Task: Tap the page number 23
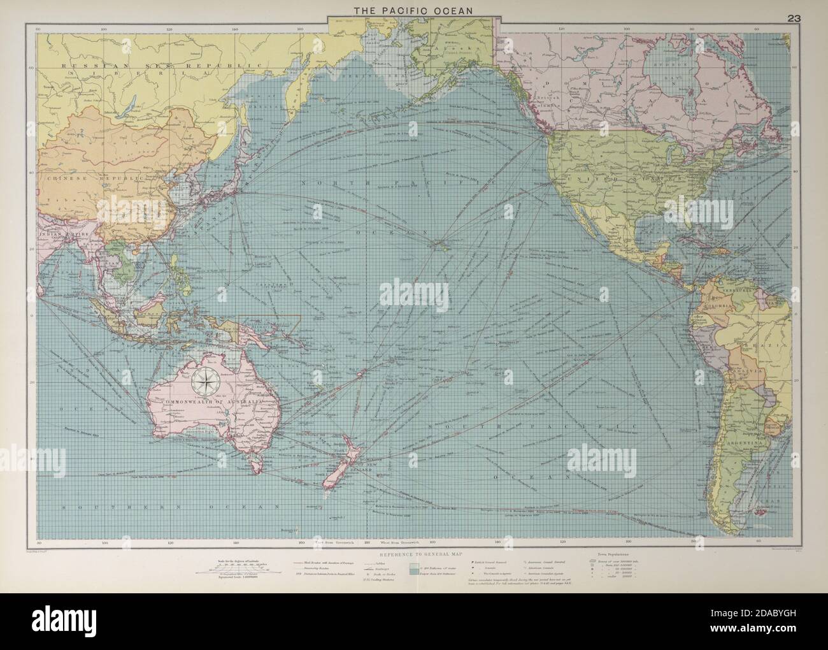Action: [794, 18]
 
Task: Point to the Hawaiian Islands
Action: [439, 243]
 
